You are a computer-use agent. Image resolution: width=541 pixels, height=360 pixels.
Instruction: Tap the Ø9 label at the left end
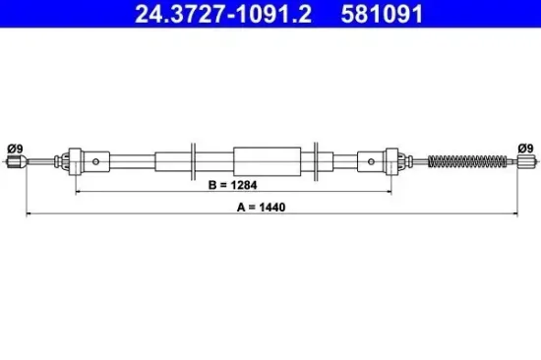click(15, 148)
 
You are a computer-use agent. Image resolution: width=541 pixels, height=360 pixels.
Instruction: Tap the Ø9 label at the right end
click(525, 148)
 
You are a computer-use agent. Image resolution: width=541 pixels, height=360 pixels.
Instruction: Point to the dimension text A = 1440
click(270, 208)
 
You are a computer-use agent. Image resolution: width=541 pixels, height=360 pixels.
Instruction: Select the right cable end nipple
click(524, 160)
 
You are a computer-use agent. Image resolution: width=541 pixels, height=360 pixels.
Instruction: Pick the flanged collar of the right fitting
click(393, 160)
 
